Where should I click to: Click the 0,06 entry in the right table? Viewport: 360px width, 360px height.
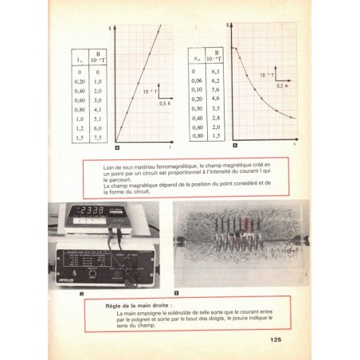(x=195, y=80)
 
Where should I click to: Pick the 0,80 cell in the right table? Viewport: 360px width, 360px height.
(x=196, y=136)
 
